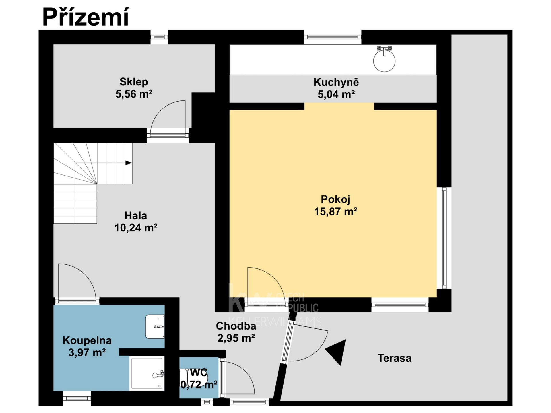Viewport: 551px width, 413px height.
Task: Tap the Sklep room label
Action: pos(134,82)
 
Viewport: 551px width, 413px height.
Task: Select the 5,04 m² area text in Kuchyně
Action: pos(336,94)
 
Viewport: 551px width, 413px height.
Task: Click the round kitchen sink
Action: pos(384,61)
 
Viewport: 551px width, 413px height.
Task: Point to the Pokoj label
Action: pos(335,199)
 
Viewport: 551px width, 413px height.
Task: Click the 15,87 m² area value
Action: pos(335,212)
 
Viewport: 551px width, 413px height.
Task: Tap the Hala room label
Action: pos(136,215)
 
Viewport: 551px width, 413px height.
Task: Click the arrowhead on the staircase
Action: pos(129,163)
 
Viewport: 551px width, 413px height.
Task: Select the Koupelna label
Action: pos(87,340)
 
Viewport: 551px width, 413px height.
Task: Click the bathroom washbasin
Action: pos(155,326)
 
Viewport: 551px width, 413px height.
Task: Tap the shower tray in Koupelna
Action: pos(147,373)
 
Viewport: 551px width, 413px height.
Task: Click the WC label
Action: pos(199,373)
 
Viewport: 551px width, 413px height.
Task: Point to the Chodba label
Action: pos(236,326)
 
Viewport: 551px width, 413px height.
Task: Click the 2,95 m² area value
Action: pos(236,338)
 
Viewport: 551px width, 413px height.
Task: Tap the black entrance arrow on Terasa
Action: pos(336,352)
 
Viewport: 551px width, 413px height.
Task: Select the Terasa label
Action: pos(394,358)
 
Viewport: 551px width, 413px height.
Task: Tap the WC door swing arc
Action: pos(246,373)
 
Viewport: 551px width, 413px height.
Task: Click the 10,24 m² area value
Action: pos(136,228)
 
